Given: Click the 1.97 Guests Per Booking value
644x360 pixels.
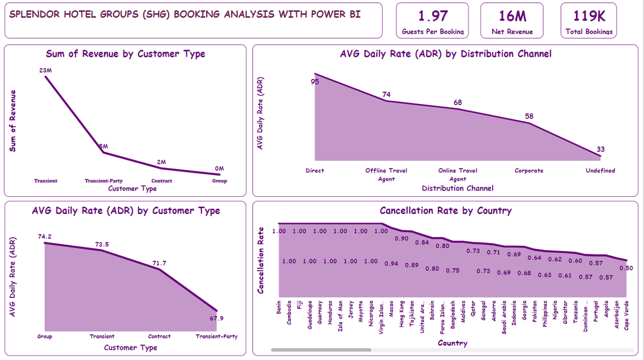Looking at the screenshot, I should [433, 16].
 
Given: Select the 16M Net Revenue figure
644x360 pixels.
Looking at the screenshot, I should [512, 16].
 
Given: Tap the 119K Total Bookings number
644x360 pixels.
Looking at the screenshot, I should [589, 16].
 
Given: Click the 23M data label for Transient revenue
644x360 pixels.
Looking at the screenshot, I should [46, 70].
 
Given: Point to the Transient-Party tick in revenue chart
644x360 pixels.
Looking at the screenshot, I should [104, 181].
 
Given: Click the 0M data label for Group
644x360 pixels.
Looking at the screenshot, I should [219, 168].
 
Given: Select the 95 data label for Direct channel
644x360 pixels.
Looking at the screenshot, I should [315, 82].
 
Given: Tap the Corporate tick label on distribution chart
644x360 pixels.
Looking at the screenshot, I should [529, 171].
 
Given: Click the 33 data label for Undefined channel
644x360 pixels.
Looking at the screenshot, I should [600, 149].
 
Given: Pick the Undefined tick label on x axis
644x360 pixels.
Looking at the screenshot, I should [600, 171].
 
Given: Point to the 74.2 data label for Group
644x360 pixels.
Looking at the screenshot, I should [46, 237].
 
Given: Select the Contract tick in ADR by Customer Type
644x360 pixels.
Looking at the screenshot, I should [159, 336].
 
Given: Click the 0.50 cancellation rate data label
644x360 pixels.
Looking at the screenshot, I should [626, 268].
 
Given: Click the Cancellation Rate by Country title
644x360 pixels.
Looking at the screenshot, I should [445, 211].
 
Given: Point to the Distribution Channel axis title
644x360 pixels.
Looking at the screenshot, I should [457, 188].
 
